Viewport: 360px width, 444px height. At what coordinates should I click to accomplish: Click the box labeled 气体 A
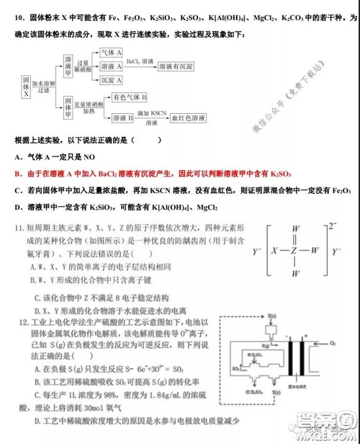[x=111, y=53]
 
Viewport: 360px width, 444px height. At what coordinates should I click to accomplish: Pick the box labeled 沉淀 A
[x=111, y=78]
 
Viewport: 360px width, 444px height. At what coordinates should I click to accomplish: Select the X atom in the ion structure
[x=272, y=252]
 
